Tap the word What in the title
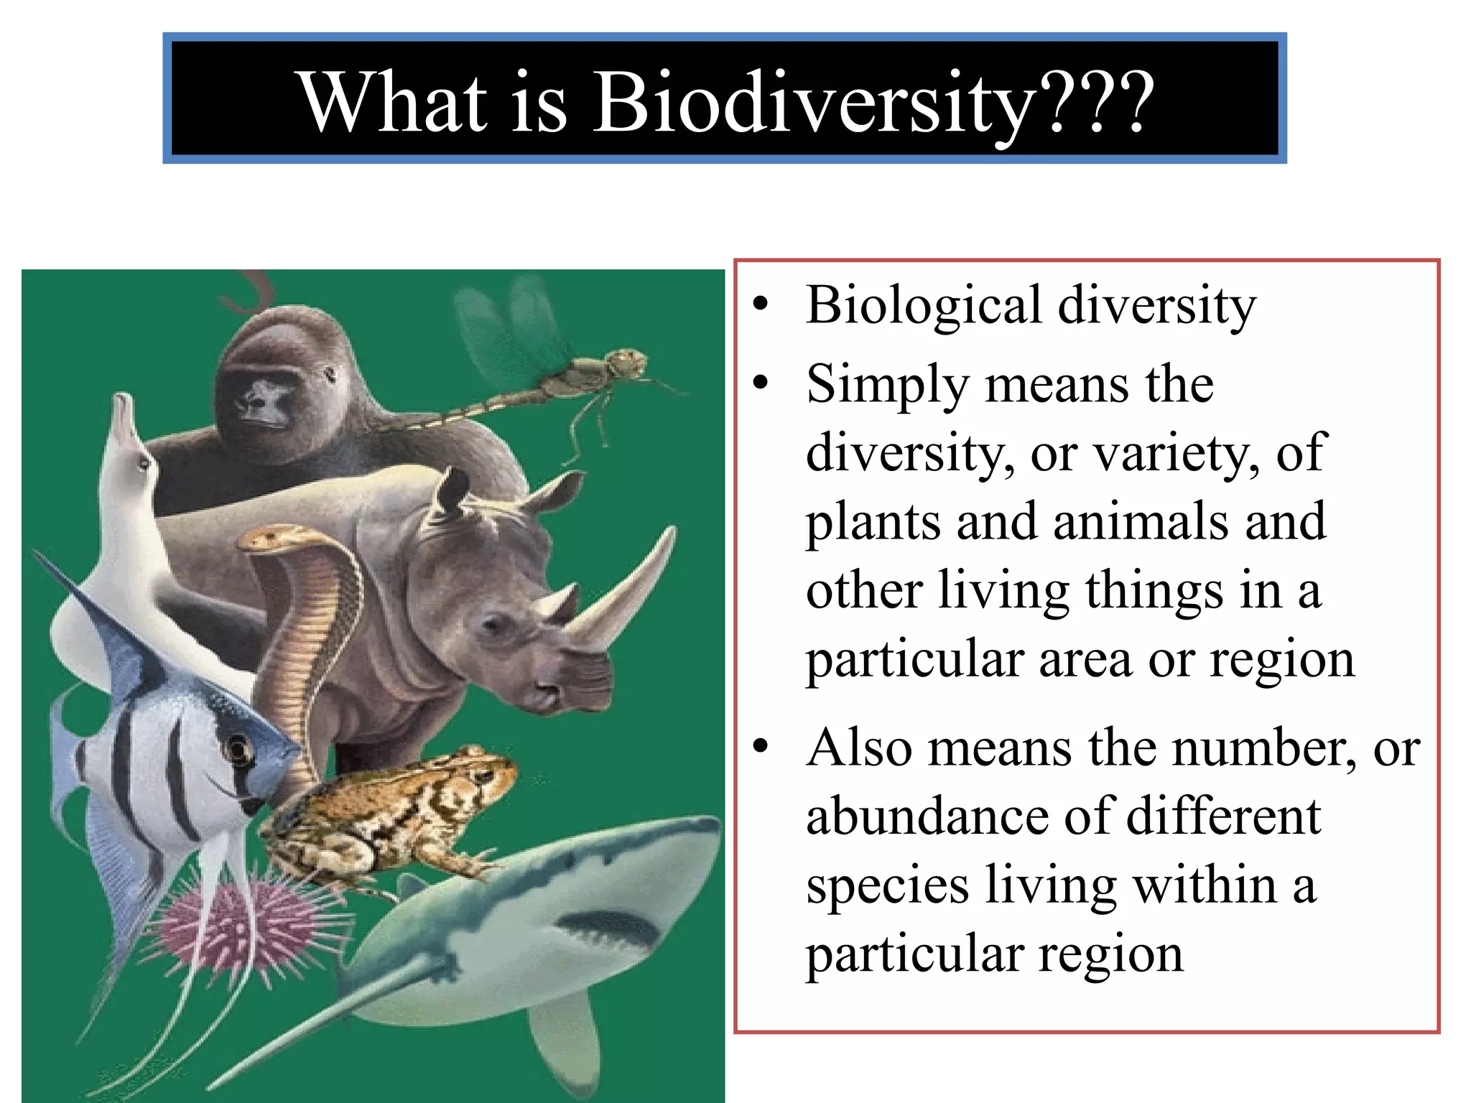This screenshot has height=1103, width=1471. pyautogui.click(x=394, y=103)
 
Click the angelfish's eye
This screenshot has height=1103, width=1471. pyautogui.click(x=236, y=750)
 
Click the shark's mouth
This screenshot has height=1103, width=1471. pyautogui.click(x=611, y=926)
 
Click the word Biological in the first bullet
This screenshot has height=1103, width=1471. pyautogui.click(x=923, y=305)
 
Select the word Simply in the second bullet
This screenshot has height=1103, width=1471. pyautogui.click(x=887, y=386)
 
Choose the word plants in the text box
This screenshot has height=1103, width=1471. pyautogui.click(x=871, y=523)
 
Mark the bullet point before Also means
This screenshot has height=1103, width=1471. pyautogui.click(x=761, y=747)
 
